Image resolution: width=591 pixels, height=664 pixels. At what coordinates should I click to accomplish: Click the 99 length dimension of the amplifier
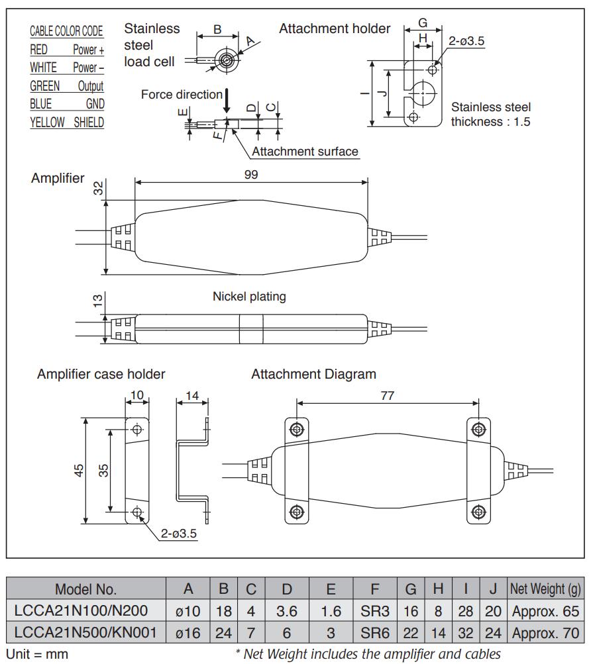[x=250, y=174]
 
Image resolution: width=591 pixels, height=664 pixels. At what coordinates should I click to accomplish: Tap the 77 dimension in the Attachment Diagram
[x=388, y=396]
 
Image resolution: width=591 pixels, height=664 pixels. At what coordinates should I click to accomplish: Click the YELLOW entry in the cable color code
[x=47, y=122]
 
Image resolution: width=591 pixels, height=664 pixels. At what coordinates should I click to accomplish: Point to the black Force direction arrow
[x=227, y=101]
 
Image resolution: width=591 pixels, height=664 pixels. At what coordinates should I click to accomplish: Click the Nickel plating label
[x=249, y=297]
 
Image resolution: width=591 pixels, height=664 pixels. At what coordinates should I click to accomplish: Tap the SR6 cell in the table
[x=374, y=632]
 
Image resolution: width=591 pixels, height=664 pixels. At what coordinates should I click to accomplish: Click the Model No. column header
[x=85, y=589]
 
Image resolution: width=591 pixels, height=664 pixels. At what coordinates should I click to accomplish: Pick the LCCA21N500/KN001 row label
[x=85, y=632]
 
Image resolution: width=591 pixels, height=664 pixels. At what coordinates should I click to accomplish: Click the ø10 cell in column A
[x=188, y=610]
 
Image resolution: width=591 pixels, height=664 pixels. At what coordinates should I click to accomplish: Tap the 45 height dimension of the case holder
[x=79, y=471]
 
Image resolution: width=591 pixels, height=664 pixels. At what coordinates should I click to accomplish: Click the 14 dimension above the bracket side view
[x=192, y=396]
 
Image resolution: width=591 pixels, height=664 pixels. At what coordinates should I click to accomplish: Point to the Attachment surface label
[x=305, y=152]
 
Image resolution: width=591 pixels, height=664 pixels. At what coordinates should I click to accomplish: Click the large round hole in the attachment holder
[x=423, y=93]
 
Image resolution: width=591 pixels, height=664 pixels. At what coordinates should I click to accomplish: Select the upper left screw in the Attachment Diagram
[x=296, y=429]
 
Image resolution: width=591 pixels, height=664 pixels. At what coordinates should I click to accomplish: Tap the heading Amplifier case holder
[x=101, y=374]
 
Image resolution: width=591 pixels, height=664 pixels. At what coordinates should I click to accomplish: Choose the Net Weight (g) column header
[x=545, y=589]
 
